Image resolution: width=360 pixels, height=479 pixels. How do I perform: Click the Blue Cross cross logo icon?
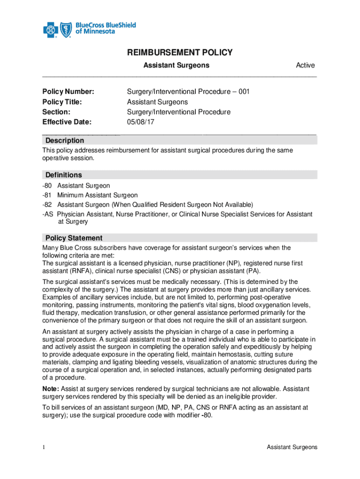[50, 31]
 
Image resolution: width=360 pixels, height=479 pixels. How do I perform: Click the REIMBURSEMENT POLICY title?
[180, 52]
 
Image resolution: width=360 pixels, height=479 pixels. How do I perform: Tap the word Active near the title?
[305, 65]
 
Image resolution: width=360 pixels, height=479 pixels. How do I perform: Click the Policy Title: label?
[62, 102]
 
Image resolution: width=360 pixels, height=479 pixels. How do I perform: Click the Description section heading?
[65, 141]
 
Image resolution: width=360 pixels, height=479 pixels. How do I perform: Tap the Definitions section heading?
[64, 175]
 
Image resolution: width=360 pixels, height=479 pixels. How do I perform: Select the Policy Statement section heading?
[74, 238]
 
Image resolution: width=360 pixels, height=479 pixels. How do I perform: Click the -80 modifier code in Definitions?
[48, 186]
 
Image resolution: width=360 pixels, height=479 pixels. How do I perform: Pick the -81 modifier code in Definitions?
[48, 196]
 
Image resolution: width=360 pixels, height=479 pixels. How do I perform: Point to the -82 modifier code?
[48, 205]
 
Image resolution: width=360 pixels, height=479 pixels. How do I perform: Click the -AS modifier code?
[48, 214]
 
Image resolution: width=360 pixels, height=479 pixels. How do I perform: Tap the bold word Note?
[51, 389]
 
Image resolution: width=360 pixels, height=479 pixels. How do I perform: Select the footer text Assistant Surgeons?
[292, 448]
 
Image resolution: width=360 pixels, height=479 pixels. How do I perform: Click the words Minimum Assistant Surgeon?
[97, 196]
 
